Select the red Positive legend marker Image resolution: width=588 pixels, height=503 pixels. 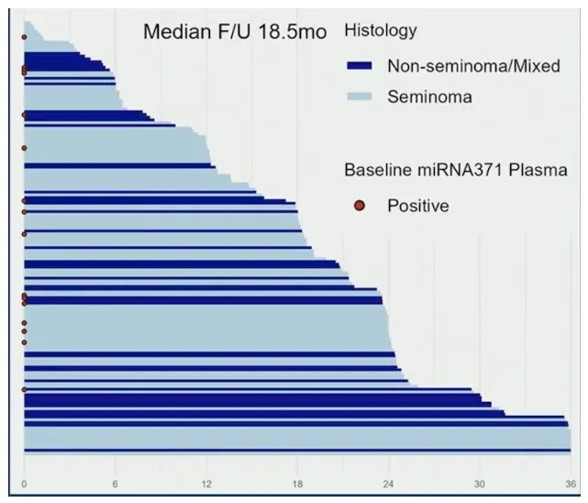360,206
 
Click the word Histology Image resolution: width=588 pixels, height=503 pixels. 380,31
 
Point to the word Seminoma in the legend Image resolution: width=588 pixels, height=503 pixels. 429,96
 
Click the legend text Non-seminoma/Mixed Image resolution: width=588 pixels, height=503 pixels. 473,66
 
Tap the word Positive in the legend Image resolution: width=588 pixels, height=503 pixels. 417,206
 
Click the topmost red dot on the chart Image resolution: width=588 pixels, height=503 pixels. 24,37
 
